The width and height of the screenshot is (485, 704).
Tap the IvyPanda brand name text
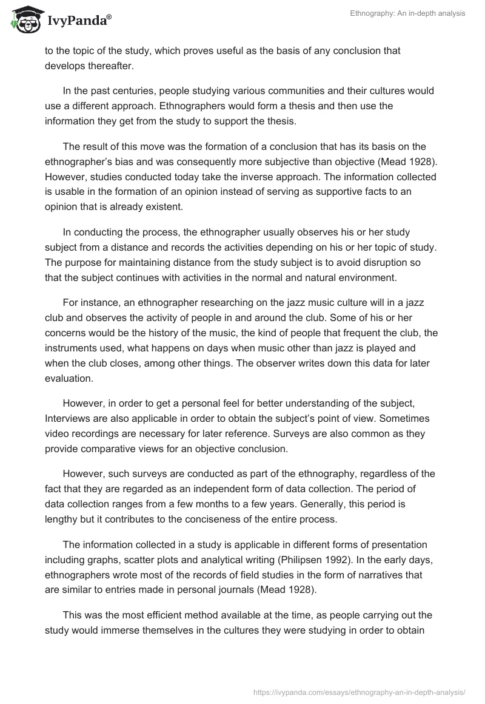click(x=79, y=22)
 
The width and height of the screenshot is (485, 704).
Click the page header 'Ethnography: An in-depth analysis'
click(x=407, y=14)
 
